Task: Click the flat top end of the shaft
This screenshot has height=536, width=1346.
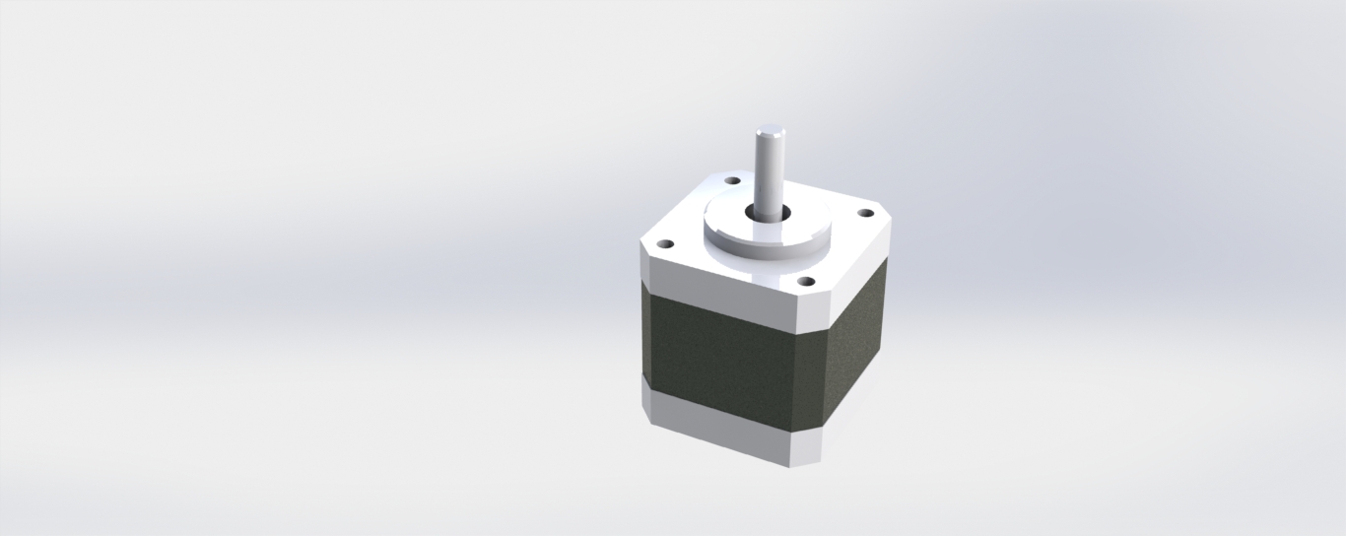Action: tap(770, 130)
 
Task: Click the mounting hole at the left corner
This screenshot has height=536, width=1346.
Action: tap(665, 242)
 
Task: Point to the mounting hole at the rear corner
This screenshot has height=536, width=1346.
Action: tap(732, 180)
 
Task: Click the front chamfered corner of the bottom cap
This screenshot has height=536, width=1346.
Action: tap(806, 449)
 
